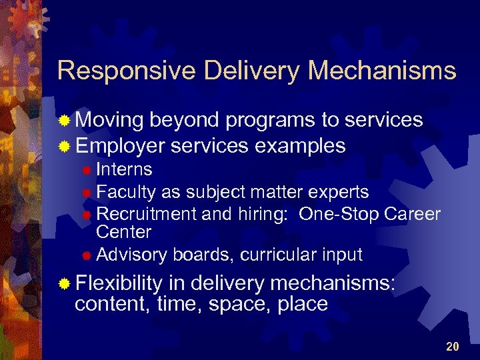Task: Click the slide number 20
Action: click(x=453, y=346)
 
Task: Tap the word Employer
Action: click(x=120, y=145)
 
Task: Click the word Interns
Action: click(x=124, y=170)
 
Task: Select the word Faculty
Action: click(x=126, y=192)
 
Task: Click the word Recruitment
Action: click(x=146, y=214)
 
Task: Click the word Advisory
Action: click(x=132, y=255)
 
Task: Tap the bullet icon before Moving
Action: click(x=64, y=121)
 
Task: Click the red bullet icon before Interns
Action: click(x=86, y=171)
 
